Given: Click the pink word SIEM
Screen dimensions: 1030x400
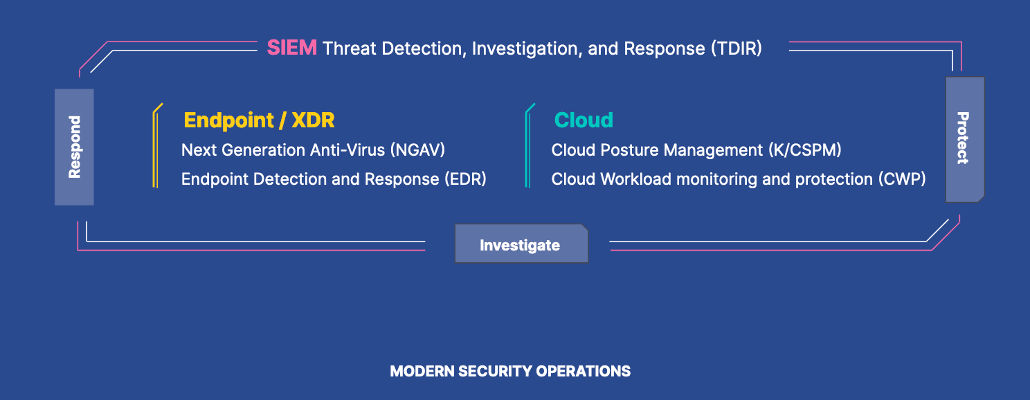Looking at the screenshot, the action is click(x=292, y=48).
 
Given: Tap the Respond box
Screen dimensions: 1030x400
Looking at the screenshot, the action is click(x=75, y=147).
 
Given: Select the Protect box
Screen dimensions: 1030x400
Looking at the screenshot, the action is click(x=965, y=139).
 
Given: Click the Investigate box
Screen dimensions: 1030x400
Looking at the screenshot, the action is click(x=521, y=244).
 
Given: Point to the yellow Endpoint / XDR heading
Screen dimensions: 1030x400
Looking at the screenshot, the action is click(x=259, y=120).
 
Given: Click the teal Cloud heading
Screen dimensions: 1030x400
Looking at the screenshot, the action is click(x=584, y=120).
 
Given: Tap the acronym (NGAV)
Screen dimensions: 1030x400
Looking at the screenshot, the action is click(x=417, y=150).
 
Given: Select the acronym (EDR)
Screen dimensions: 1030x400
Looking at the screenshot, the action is click(x=465, y=179).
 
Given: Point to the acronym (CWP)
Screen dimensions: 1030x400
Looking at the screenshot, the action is click(x=902, y=179).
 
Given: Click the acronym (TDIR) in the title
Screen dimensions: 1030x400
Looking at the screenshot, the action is click(x=737, y=48).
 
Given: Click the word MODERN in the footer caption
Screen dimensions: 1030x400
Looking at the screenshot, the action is click(x=422, y=371).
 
